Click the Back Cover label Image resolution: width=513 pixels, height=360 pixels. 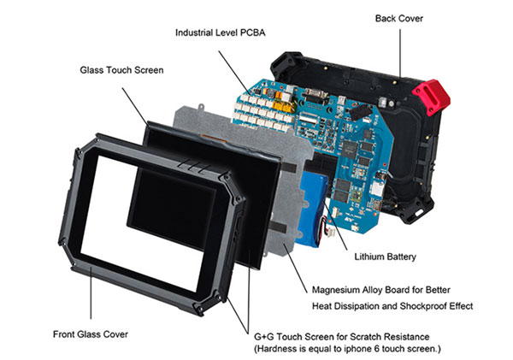[398, 18]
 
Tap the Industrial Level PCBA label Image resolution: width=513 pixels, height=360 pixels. [219, 32]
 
